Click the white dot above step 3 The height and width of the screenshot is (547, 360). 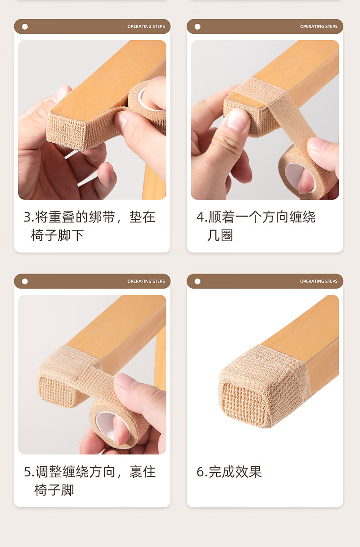25,26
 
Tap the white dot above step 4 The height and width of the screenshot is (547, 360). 197,26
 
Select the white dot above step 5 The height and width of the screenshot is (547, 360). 25,282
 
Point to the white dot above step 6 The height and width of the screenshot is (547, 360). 197,282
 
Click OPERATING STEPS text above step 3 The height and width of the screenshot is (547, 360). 146,26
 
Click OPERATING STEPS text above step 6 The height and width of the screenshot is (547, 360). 319,281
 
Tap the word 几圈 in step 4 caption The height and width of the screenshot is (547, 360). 220,235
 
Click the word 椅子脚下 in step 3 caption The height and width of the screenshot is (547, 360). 57,235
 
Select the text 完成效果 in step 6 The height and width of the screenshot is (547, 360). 235,472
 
